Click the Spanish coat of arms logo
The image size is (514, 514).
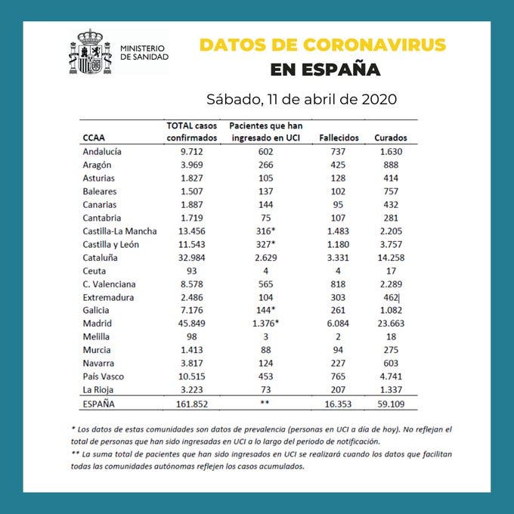click(x=89, y=52)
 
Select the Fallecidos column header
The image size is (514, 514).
click(x=339, y=138)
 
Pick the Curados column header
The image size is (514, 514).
click(x=390, y=138)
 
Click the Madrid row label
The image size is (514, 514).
click(x=97, y=324)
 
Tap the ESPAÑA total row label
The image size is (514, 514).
click(x=99, y=404)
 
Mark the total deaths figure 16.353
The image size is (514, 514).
click(x=336, y=404)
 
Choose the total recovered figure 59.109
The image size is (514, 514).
click(x=390, y=404)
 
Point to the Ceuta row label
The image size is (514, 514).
click(x=94, y=271)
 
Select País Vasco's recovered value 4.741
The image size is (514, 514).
click(x=390, y=376)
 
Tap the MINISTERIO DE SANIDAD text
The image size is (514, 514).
click(x=144, y=52)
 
